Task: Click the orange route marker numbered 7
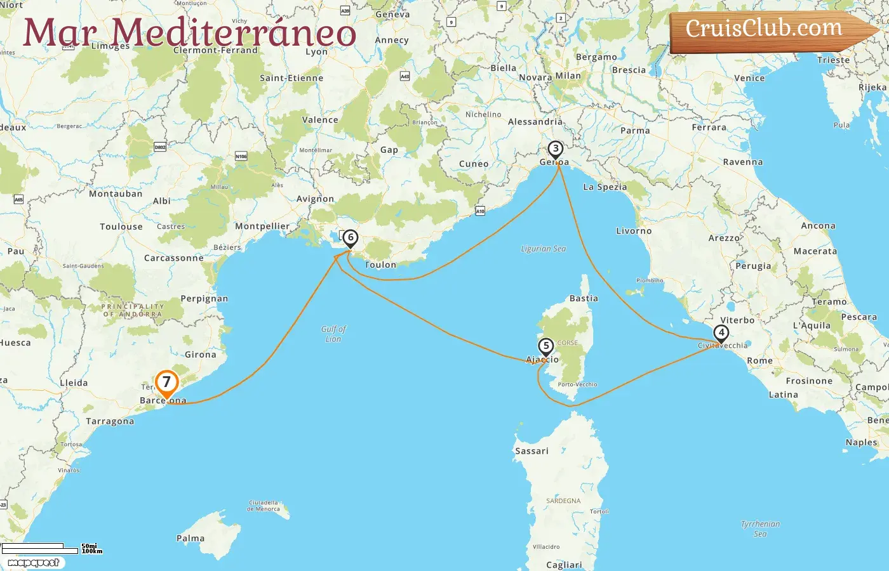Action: point(166,382)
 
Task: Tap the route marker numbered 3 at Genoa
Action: point(555,149)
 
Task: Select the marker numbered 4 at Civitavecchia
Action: point(721,332)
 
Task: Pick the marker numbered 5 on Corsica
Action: point(545,346)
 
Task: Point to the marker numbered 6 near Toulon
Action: point(350,238)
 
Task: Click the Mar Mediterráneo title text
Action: point(189,33)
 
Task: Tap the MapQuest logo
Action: point(33,563)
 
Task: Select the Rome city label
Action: point(759,360)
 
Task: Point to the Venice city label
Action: point(749,78)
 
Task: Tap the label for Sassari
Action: point(531,451)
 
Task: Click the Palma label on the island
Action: point(190,538)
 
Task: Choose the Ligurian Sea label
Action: point(543,249)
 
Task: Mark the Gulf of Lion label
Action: point(333,334)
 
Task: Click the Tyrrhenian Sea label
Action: point(760,528)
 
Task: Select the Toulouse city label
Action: point(121,226)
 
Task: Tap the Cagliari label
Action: point(564,565)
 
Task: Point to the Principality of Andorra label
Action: point(132,310)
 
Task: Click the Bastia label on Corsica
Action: point(584,298)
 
